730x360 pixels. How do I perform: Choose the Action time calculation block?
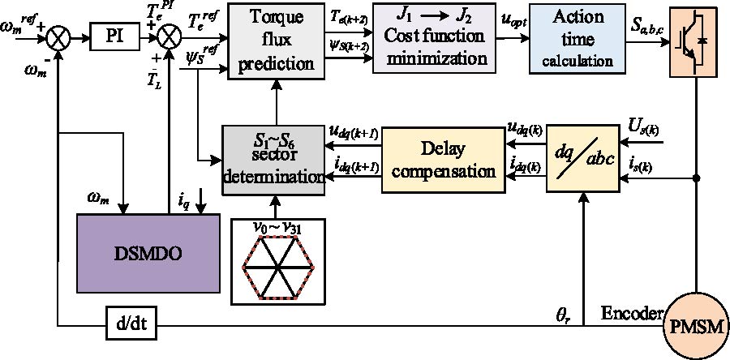pyautogui.click(x=577, y=38)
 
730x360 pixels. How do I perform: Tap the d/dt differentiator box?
pyautogui.click(x=130, y=330)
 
